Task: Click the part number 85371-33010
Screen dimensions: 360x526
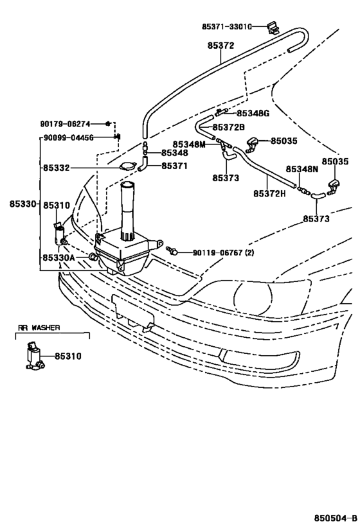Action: (x=227, y=26)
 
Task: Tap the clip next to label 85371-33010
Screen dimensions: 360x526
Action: (x=273, y=28)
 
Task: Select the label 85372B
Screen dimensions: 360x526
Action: (x=229, y=127)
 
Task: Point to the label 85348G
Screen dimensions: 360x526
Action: (x=253, y=114)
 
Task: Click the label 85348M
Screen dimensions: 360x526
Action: (x=189, y=145)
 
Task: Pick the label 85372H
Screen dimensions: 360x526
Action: (x=269, y=193)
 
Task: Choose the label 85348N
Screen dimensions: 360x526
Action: (x=302, y=169)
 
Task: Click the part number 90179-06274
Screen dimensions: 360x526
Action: (x=65, y=124)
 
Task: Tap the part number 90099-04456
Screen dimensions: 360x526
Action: (x=69, y=137)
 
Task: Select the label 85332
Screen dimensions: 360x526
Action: (x=57, y=168)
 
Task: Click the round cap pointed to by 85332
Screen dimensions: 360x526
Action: (x=128, y=166)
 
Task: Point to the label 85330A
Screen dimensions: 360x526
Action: (x=59, y=258)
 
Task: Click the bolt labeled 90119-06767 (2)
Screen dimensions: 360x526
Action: (x=171, y=250)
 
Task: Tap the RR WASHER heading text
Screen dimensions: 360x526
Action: (x=39, y=328)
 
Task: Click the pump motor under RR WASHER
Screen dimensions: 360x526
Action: (x=34, y=356)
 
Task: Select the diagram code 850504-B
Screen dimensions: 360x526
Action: (x=336, y=517)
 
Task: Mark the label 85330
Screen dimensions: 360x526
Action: (x=22, y=204)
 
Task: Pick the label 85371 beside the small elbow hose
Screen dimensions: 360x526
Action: (x=175, y=166)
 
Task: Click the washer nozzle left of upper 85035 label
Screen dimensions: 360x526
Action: (x=253, y=144)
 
